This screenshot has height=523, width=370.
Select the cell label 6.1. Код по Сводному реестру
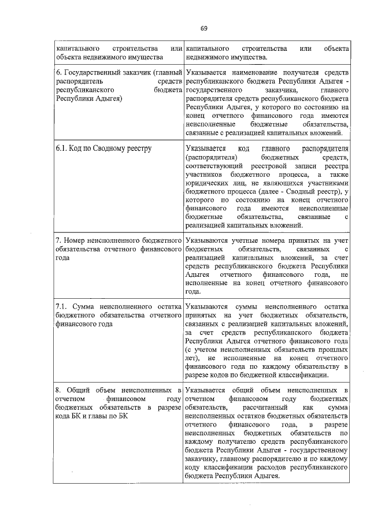pos(103,149)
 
